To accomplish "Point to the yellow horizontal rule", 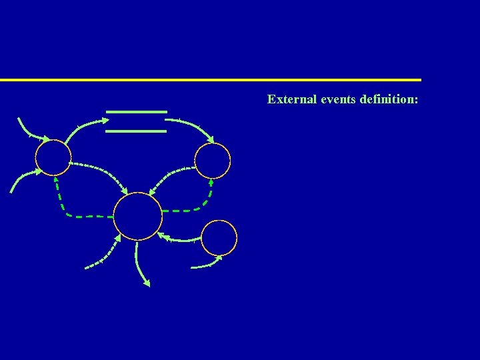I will (x=211, y=80).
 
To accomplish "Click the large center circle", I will (x=138, y=216).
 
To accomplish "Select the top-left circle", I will (x=53, y=158).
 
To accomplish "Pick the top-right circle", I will (x=213, y=161).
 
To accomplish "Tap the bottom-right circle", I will (x=219, y=237).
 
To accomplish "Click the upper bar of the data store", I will (x=136, y=111).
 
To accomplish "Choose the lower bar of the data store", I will (x=136, y=131).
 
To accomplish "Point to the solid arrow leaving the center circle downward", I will (x=140, y=263).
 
